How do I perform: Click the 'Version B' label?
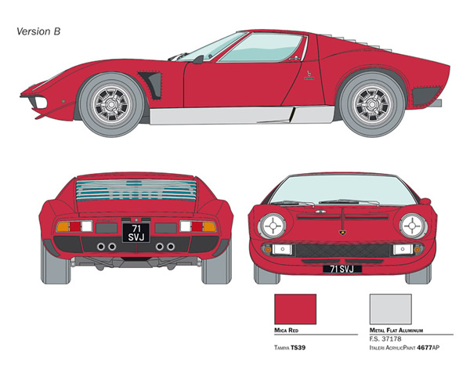click(x=38, y=31)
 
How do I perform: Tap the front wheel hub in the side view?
click(x=111, y=104)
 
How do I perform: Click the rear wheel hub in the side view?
click(x=372, y=104)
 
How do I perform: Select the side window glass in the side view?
click(x=260, y=48)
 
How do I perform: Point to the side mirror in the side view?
click(x=198, y=60)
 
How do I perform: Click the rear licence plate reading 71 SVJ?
click(x=136, y=233)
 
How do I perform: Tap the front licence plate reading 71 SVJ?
click(x=342, y=269)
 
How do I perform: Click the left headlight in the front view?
click(x=272, y=226)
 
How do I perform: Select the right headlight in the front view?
click(x=413, y=226)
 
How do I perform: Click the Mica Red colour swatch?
click(x=295, y=309)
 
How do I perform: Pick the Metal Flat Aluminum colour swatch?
click(x=391, y=309)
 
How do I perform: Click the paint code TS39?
click(x=298, y=348)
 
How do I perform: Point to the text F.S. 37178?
click(x=385, y=339)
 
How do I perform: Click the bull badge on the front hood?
click(x=342, y=233)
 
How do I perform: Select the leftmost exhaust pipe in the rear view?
click(x=101, y=247)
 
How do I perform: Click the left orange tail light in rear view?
click(x=63, y=226)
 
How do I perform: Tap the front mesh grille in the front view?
click(x=342, y=251)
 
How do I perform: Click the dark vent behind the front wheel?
click(x=152, y=85)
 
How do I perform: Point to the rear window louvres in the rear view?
click(x=136, y=190)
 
